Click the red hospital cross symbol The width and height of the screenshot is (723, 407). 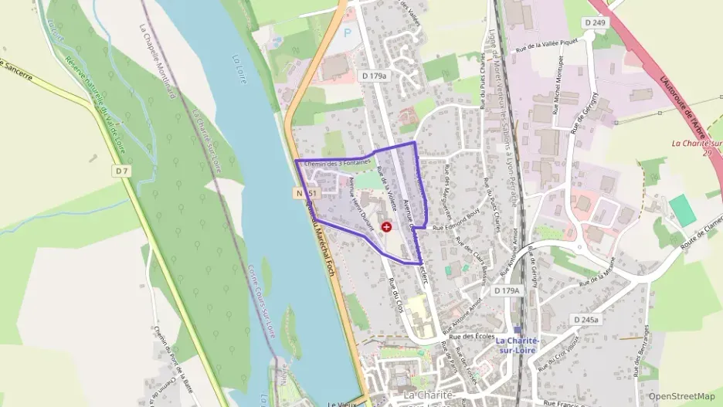point(386,228)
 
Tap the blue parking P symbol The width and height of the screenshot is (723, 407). point(347,32)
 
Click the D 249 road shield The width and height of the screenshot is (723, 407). point(595,23)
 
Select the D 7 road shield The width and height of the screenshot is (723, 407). point(120,171)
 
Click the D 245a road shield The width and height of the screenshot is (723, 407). point(588,319)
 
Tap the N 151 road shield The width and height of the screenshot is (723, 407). point(304,191)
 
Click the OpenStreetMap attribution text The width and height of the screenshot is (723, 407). point(681,396)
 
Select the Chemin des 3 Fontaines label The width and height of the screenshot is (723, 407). point(338,162)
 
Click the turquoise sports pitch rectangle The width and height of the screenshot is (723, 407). point(682,210)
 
